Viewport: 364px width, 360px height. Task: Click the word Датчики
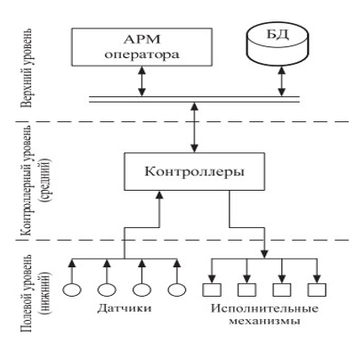125,308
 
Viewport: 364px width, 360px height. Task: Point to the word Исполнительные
264,308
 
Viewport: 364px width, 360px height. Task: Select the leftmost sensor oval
72,290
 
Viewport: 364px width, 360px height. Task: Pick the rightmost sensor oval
177,290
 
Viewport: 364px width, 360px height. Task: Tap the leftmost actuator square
212,290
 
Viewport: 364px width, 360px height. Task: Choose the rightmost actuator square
317,290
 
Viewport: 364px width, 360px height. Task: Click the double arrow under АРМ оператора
142,81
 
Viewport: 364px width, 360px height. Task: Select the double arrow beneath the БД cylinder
281,81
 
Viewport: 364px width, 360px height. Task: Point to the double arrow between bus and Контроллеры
194,127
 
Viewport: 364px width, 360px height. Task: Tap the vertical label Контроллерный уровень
26,180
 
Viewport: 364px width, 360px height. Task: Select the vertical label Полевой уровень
26,293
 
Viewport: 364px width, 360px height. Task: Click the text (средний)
46,180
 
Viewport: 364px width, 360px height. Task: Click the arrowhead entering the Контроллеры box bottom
159,194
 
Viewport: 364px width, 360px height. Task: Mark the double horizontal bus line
194,100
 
